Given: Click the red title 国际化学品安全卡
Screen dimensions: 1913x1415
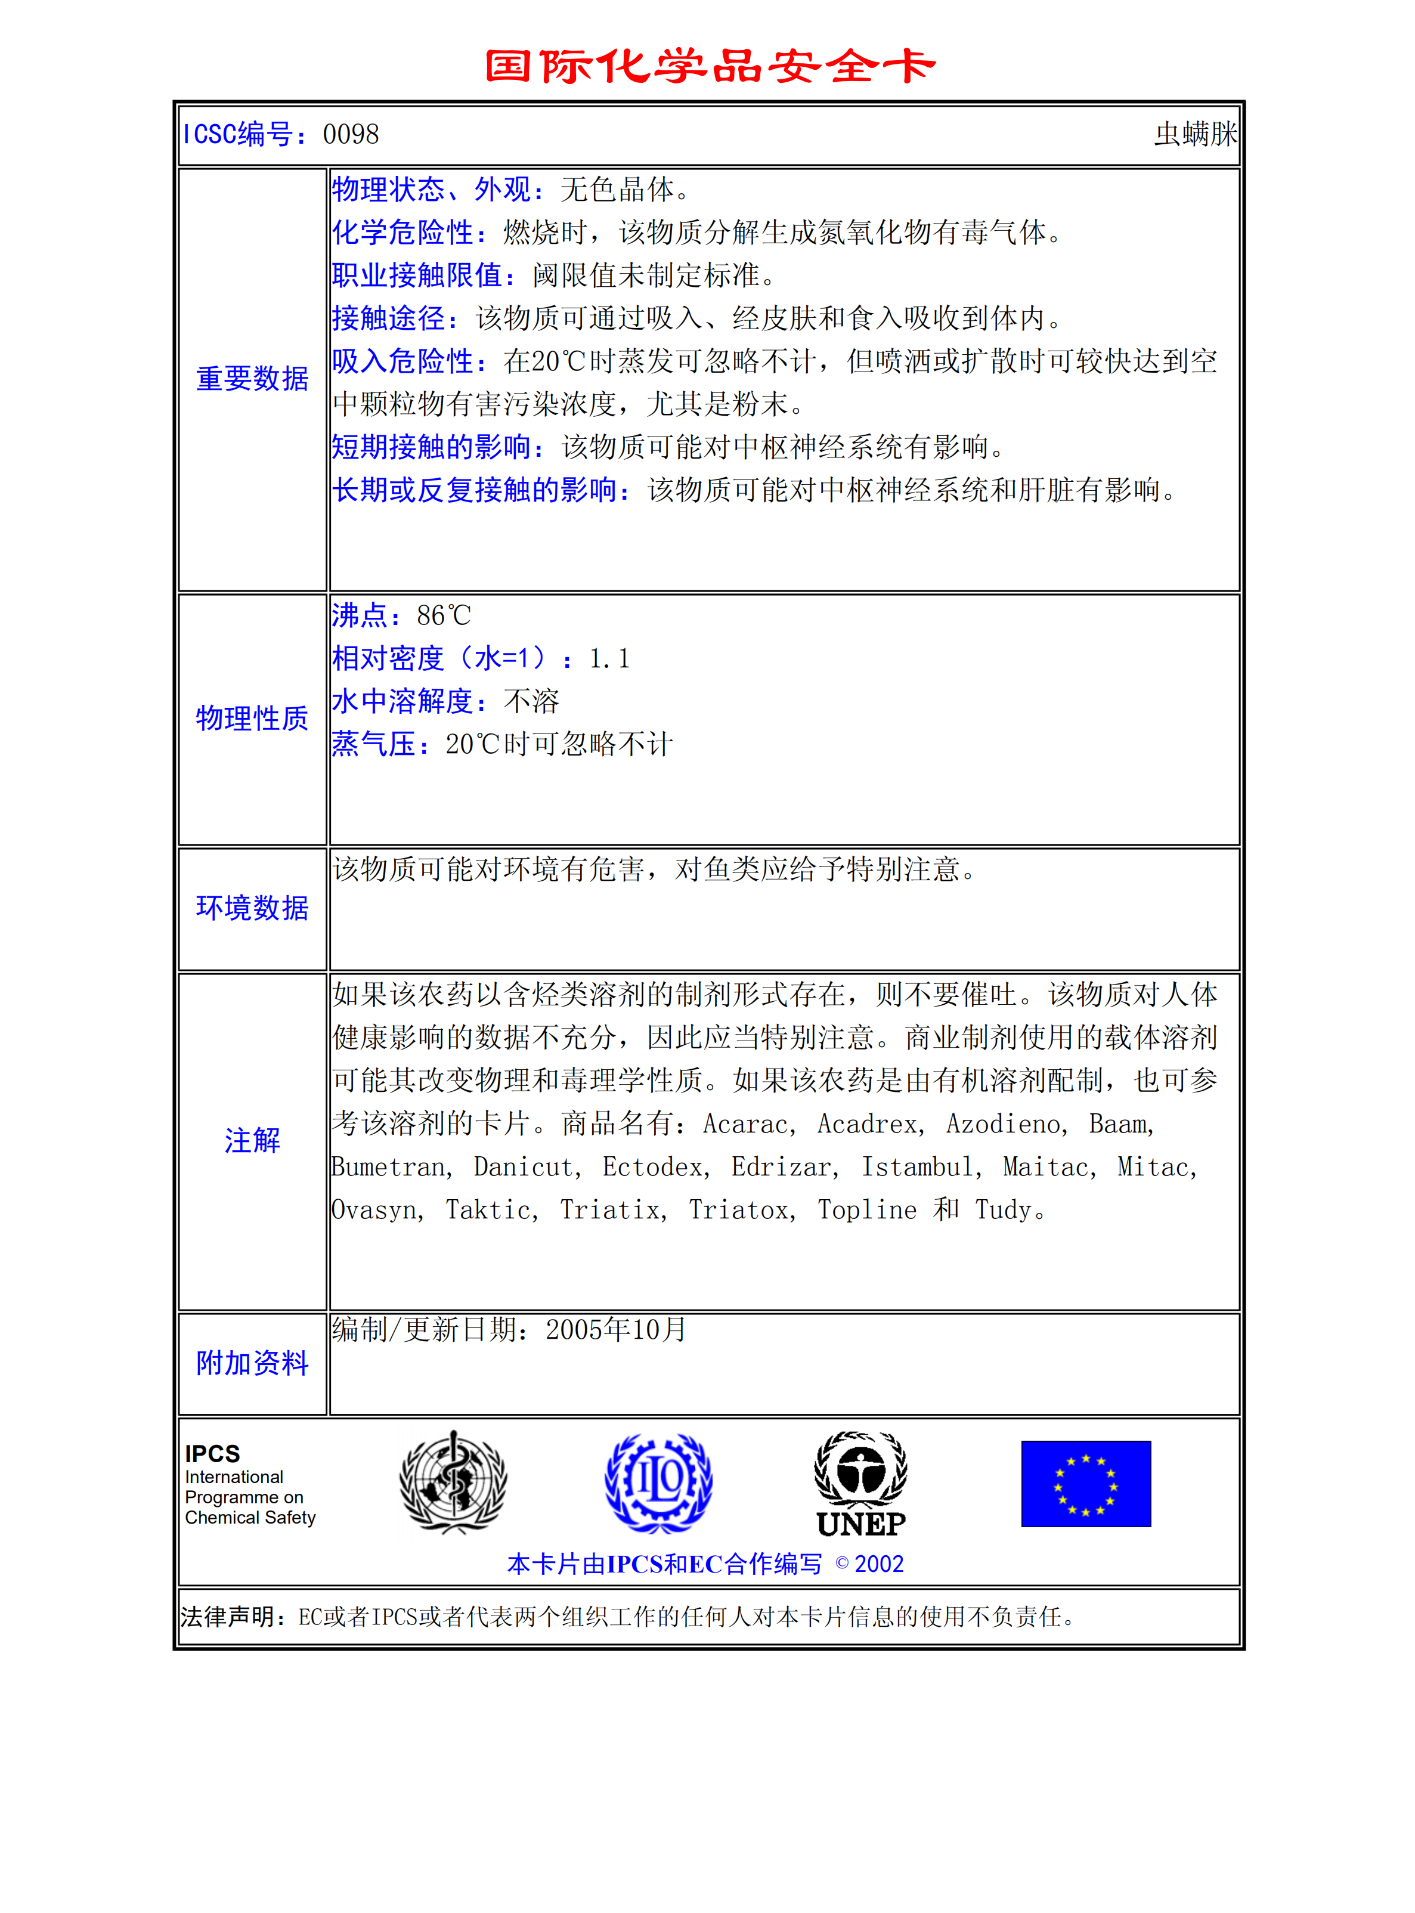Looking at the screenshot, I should tap(709, 66).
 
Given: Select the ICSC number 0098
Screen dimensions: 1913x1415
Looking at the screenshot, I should tap(351, 135).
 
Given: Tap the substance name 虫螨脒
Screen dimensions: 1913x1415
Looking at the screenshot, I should tap(1195, 135).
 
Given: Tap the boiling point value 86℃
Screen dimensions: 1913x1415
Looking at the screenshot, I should tap(443, 616).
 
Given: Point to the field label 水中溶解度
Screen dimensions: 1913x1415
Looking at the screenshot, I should tap(402, 702).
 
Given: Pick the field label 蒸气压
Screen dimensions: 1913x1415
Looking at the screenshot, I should tap(373, 744).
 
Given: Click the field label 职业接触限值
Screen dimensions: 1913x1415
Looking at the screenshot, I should tap(417, 275).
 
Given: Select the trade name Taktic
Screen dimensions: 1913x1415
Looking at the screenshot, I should tap(491, 1211).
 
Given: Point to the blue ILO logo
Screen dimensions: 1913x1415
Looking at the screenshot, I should tap(658, 1483).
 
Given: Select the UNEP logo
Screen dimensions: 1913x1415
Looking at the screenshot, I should tap(861, 1484).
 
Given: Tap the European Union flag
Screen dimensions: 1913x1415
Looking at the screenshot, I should tap(1085, 1484).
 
